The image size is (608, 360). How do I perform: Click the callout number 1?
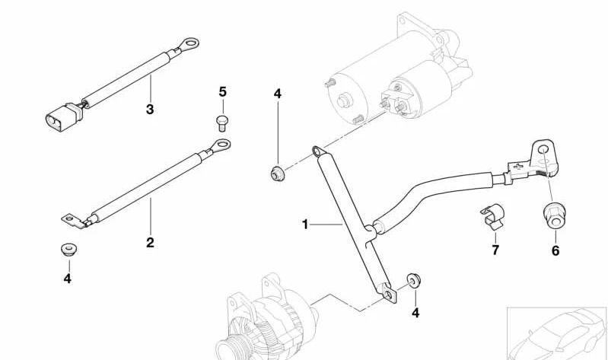click(x=305, y=225)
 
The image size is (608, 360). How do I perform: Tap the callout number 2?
click(x=150, y=243)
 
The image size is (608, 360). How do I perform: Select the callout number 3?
click(x=150, y=110)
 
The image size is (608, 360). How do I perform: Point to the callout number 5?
click(x=222, y=92)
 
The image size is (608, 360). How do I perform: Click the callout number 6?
click(x=555, y=250)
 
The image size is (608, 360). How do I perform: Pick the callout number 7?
click(x=495, y=250)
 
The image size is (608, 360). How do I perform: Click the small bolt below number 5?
click(x=222, y=123)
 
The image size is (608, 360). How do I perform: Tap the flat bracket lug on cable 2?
click(x=74, y=221)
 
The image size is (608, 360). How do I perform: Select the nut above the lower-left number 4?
click(x=69, y=249)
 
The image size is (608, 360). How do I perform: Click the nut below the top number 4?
click(x=277, y=173)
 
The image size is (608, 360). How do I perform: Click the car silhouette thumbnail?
click(x=557, y=333)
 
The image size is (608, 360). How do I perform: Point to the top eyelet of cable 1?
click(x=320, y=151)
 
